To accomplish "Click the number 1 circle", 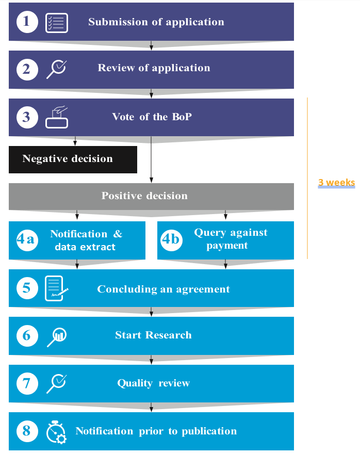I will [27, 22].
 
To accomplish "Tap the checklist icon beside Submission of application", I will [57, 23].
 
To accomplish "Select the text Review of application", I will [154, 68].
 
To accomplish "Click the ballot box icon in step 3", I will [57, 118].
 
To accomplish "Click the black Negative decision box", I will [73, 159].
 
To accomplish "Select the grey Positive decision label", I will [144, 196].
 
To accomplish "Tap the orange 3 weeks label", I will [336, 183].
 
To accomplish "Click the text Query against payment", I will [231, 239].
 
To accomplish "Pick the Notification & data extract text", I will [86, 240].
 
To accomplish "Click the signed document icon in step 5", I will [56, 288].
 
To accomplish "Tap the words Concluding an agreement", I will [163, 289].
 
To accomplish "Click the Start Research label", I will [153, 335].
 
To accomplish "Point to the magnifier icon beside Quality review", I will [56, 383].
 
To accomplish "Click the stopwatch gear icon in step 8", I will [56, 432].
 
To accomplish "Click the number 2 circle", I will [27, 69].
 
